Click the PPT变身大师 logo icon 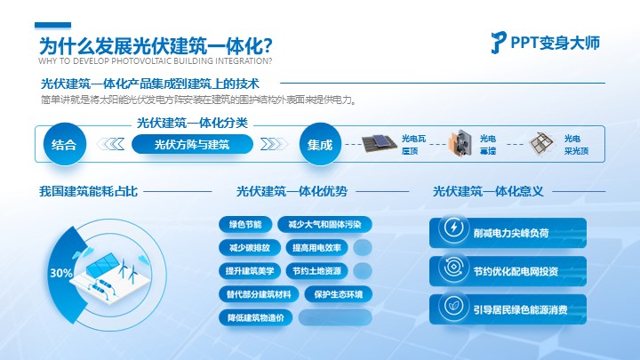[x=499, y=43]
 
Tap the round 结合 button [x=65, y=144]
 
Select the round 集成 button [x=320, y=144]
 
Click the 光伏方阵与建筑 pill [x=192, y=145]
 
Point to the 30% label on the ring [x=61, y=273]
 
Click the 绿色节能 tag [x=245, y=225]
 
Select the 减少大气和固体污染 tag [x=324, y=225]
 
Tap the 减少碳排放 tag [x=250, y=248]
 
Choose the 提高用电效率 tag [x=316, y=248]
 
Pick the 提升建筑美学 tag [x=250, y=271]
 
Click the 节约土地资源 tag [x=316, y=271]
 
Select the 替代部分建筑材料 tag [x=259, y=294]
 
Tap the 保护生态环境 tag [x=339, y=294]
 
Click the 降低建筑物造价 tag [x=255, y=317]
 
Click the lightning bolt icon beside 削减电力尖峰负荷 [x=453, y=228]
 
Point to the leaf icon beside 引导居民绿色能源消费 [x=453, y=306]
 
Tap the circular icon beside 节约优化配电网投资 [x=453, y=268]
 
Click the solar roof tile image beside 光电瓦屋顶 [x=380, y=144]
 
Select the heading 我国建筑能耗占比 [x=88, y=191]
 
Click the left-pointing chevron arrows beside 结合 [x=110, y=144]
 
